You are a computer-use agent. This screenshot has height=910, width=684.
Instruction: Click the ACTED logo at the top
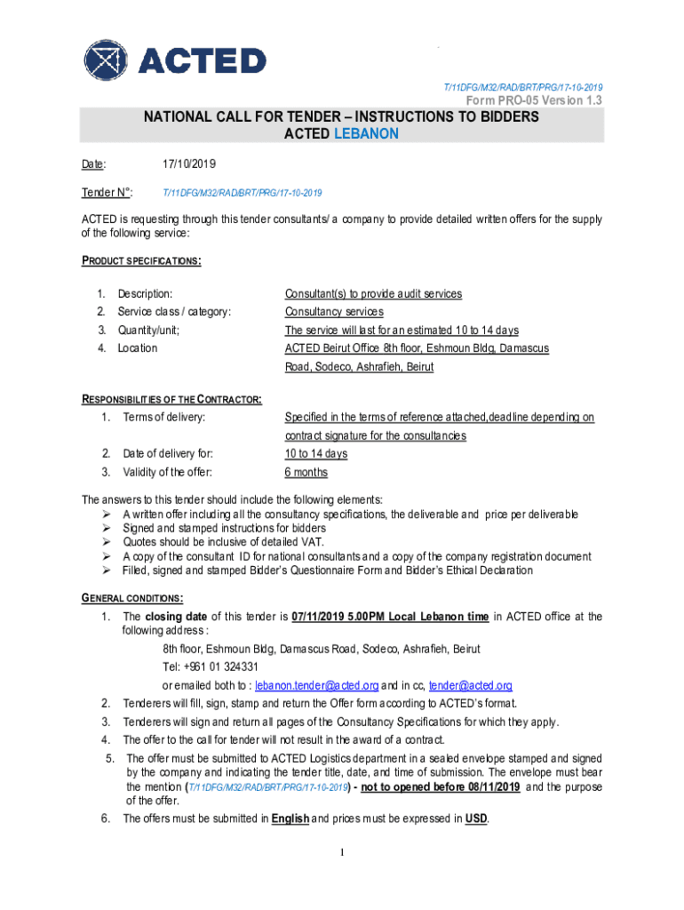[x=174, y=60]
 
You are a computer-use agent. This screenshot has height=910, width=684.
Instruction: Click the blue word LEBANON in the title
[x=366, y=134]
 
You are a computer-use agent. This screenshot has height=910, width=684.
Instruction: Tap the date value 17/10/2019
[x=189, y=165]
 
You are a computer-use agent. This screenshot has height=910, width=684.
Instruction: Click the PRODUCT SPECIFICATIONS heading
[x=141, y=260]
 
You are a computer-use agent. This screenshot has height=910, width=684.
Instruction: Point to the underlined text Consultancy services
[x=334, y=312]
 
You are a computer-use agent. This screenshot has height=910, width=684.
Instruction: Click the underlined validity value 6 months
[x=306, y=472]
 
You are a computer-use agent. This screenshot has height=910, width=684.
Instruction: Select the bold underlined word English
[x=290, y=818]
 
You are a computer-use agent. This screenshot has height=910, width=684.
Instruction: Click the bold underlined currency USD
[x=475, y=818]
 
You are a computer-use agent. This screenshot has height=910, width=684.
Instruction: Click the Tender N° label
[x=107, y=193]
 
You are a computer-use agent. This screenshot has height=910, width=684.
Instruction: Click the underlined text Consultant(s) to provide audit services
[x=373, y=294]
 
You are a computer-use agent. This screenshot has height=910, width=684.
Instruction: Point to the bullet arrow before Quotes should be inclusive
[x=105, y=542]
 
